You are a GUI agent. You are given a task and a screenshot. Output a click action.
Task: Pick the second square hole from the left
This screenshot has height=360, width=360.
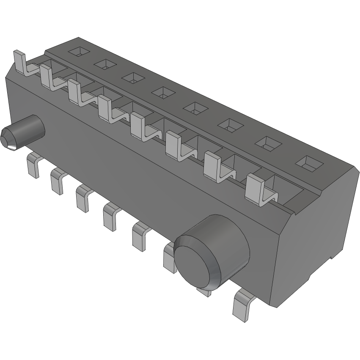tap(105, 64)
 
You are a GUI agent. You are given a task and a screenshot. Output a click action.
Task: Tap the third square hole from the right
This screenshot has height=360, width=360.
tap(231, 124)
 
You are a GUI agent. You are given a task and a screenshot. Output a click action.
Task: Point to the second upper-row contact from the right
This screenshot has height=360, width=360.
tap(214, 166)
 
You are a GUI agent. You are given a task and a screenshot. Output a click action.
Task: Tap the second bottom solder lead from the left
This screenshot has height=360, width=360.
tap(57, 180)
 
